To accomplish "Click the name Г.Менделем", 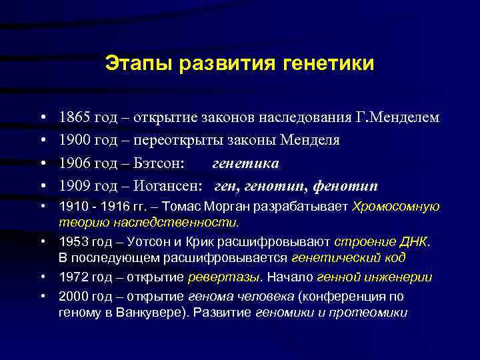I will (x=397, y=118).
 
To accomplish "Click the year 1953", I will (x=73, y=241).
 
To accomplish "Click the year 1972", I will (x=73, y=277).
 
